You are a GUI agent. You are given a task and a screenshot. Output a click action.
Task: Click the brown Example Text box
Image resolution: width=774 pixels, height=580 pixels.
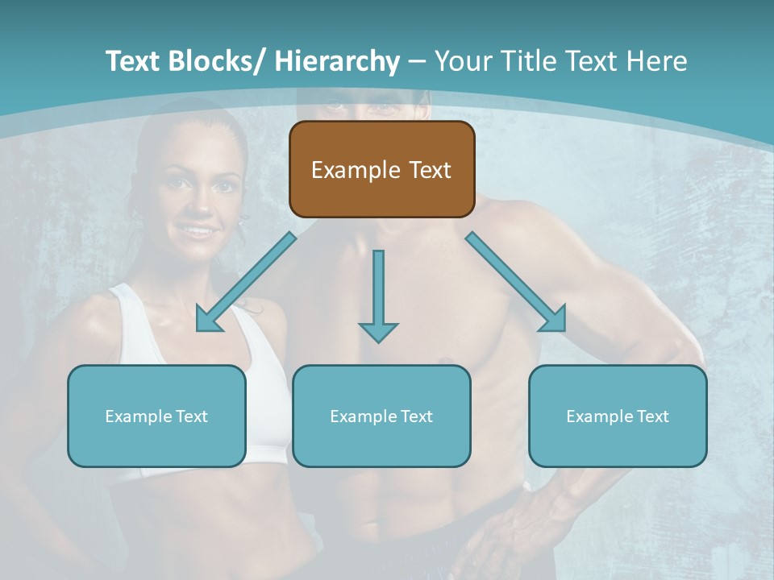[x=381, y=169]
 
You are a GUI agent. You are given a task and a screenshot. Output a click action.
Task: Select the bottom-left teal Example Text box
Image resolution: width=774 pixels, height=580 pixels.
[x=156, y=416]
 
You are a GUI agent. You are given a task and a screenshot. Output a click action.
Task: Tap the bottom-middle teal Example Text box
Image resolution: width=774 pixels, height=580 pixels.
[x=381, y=416]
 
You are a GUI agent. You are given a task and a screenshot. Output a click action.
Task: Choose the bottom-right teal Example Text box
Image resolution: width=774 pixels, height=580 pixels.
[x=618, y=416]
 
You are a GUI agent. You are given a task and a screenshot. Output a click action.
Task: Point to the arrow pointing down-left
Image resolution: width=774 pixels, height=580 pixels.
[x=246, y=282]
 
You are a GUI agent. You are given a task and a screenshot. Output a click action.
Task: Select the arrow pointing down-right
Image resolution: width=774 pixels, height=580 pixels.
[x=516, y=282]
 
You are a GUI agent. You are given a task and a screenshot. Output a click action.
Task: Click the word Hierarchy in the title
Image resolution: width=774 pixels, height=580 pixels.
[x=337, y=61]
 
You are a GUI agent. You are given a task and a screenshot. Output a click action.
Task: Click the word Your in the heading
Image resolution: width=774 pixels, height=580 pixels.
[x=463, y=61]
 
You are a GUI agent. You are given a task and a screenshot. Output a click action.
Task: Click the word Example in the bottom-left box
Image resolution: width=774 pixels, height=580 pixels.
[x=136, y=416]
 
